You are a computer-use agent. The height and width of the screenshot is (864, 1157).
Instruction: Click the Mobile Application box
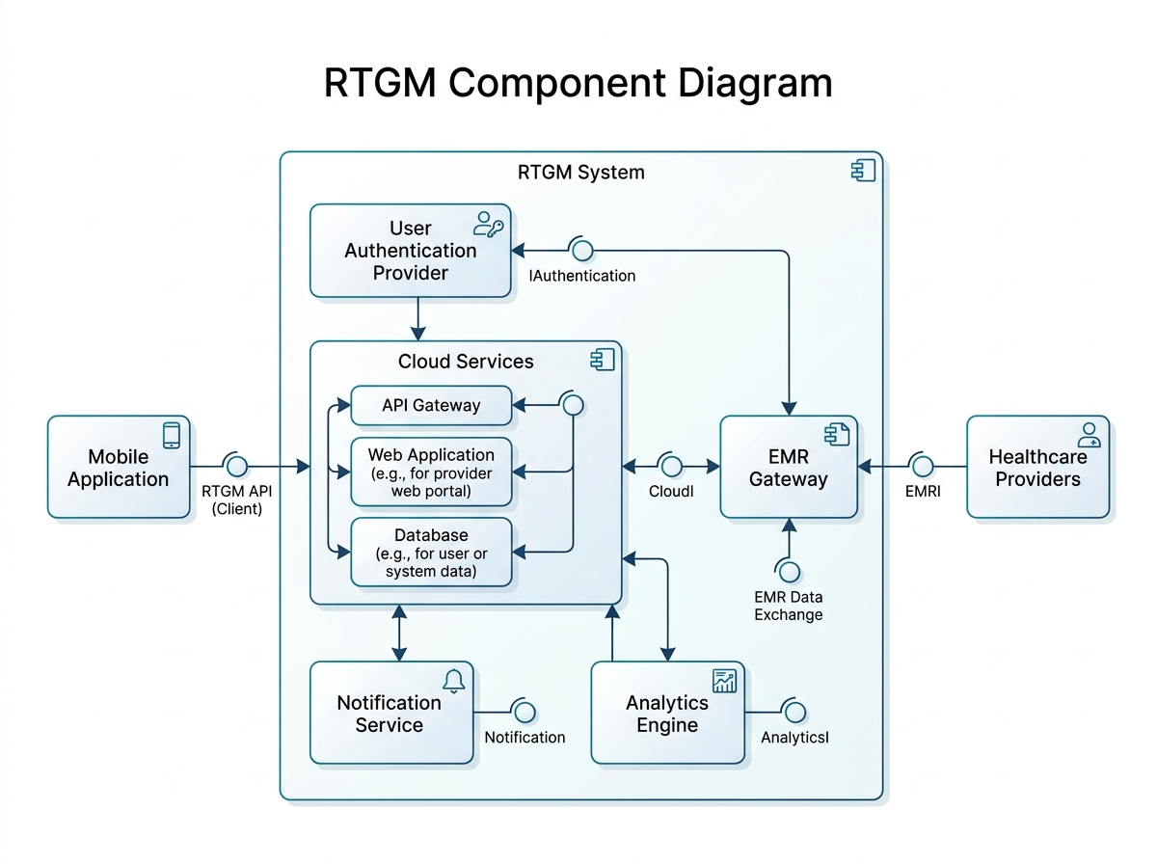pos(119,468)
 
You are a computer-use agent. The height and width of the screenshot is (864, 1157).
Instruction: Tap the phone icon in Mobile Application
pos(172,435)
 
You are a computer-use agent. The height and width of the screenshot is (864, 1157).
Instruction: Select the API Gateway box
pos(430,405)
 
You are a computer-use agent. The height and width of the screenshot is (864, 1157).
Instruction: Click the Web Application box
pos(430,472)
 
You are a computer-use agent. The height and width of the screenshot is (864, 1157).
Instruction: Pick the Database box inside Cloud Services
pos(430,553)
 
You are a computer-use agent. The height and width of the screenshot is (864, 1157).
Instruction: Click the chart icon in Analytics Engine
pos(724,680)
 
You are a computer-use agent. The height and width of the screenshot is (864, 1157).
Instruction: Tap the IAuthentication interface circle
pos(581,251)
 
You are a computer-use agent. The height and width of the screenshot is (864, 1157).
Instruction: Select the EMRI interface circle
pos(922,467)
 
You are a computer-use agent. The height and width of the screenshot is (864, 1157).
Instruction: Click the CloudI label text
pos(671,490)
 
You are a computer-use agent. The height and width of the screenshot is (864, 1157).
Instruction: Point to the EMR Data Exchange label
pos(789,607)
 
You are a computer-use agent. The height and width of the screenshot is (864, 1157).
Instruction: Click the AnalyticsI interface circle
pos(794,712)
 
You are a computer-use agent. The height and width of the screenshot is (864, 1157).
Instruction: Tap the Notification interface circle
pos(525,712)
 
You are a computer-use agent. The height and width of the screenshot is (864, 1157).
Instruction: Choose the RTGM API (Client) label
pos(237,499)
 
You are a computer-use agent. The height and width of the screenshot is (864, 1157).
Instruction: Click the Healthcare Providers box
pos(1037,468)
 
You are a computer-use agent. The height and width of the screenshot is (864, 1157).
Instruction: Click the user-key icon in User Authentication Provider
pos(488,224)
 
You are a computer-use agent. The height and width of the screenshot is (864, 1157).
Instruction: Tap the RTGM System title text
pos(580,173)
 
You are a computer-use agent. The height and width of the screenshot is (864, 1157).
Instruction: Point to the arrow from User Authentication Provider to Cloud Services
pos(417,318)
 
